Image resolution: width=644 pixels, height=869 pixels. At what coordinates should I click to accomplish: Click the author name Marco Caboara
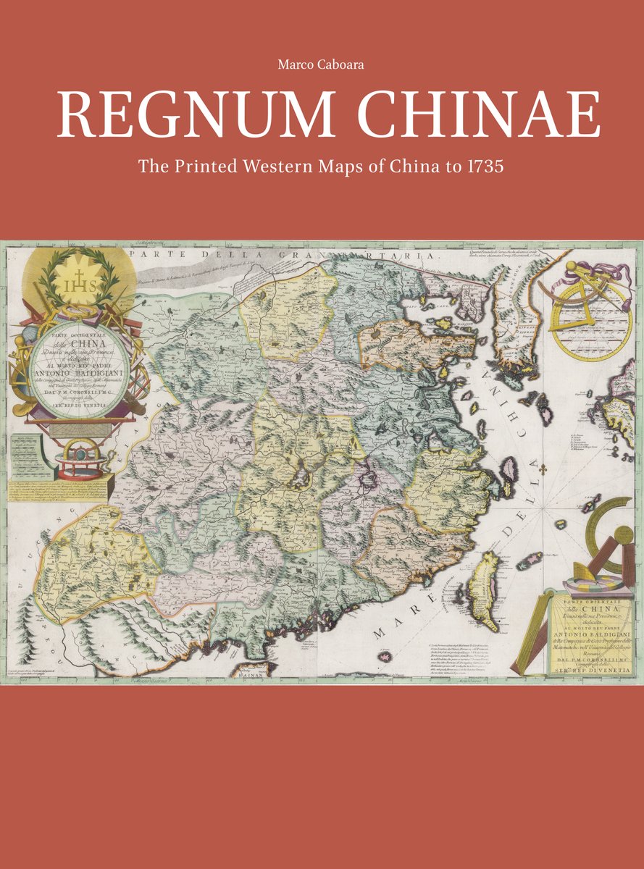322,65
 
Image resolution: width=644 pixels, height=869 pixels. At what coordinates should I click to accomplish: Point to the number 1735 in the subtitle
484,167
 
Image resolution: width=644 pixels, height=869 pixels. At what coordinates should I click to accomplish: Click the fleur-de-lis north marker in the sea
541,471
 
